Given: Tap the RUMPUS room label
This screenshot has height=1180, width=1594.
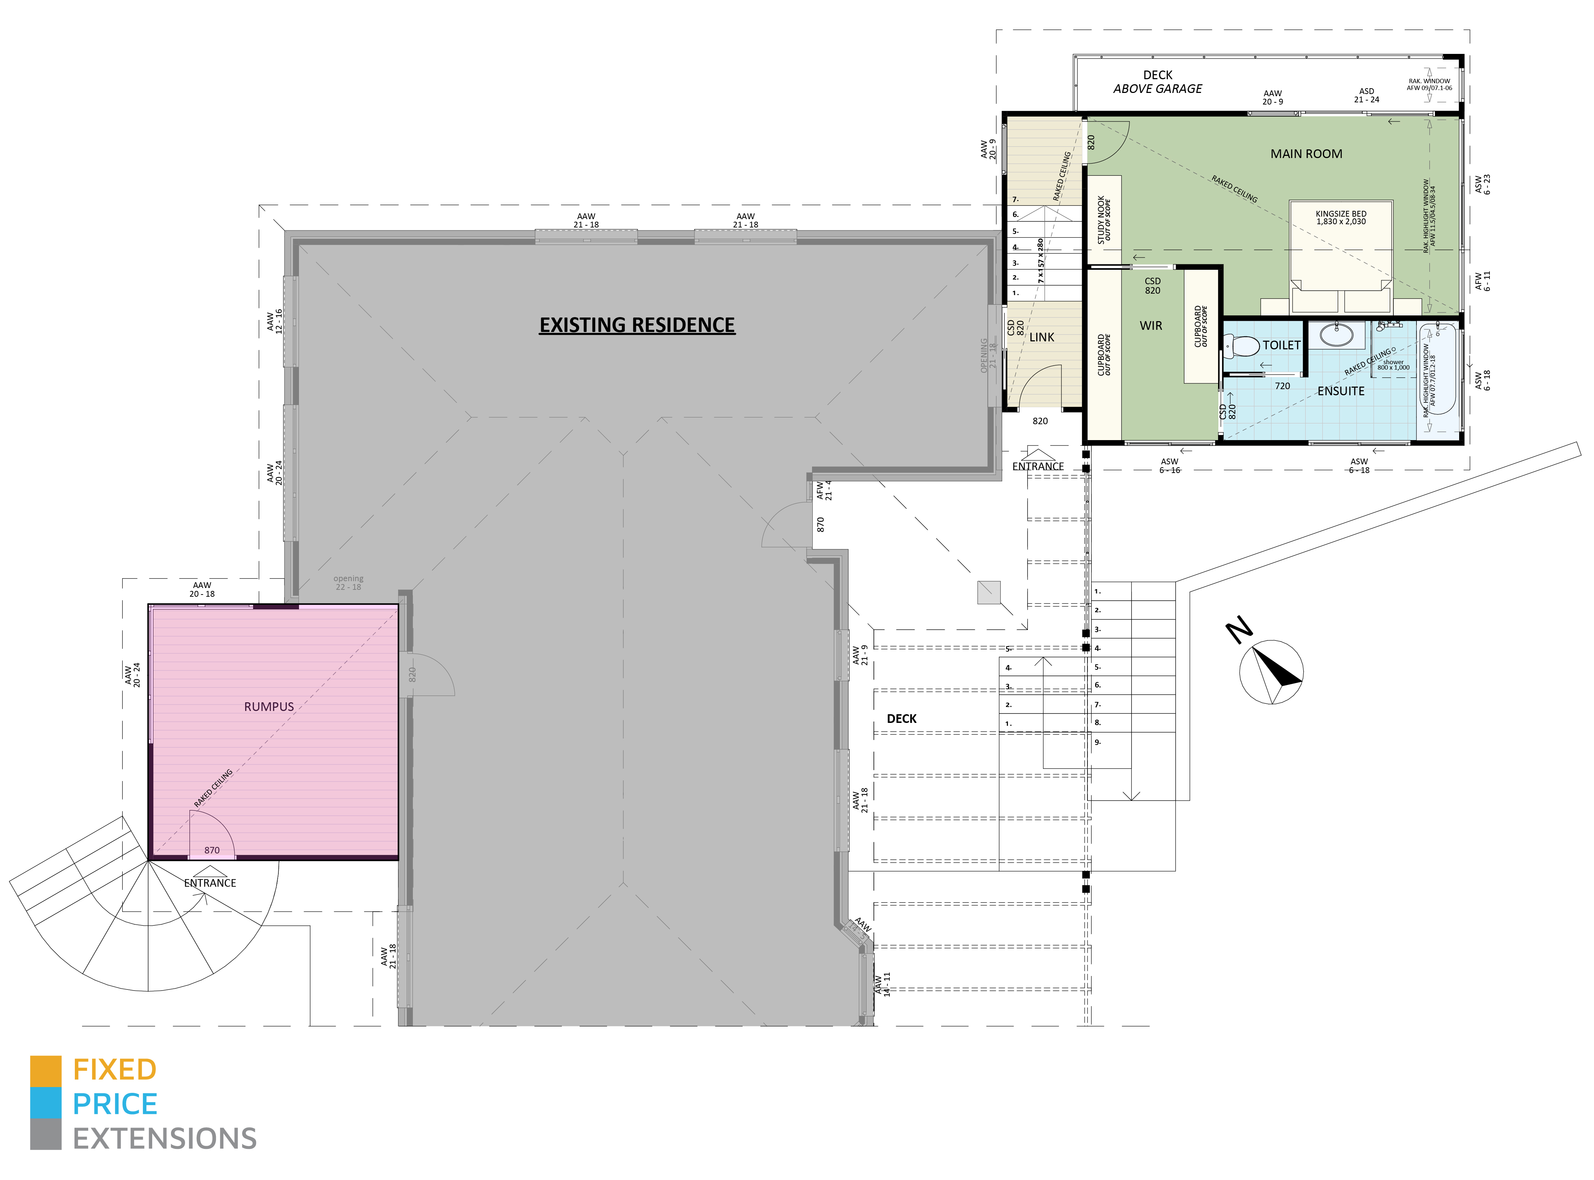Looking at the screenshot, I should [269, 706].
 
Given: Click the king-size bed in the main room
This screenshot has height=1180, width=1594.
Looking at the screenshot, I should [1341, 257].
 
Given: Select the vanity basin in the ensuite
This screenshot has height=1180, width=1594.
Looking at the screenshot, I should [1336, 334].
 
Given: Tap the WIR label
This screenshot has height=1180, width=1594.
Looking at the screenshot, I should [1150, 326].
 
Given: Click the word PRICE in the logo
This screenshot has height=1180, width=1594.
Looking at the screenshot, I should [115, 1104].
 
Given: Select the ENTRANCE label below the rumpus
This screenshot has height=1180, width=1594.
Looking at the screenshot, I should [210, 883].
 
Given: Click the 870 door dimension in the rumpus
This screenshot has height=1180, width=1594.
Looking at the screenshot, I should [212, 850].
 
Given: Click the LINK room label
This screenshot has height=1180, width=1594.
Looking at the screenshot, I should [1041, 337].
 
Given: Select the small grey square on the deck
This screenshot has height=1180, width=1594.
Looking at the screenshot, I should [988, 592].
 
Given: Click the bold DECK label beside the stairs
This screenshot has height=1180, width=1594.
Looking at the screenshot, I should [901, 719].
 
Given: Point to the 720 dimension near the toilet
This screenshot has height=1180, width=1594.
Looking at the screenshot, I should [1282, 386].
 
